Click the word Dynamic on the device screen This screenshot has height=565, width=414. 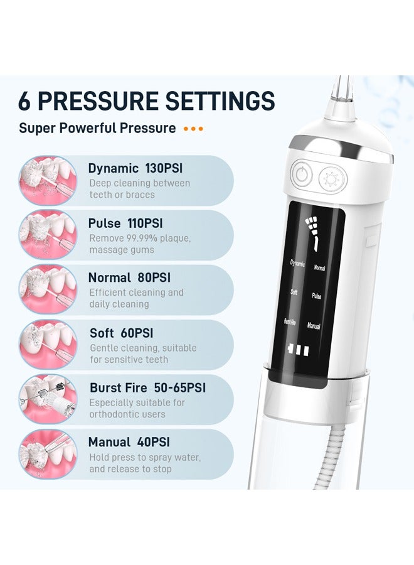[x=297, y=263]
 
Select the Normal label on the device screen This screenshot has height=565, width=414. [x=319, y=267]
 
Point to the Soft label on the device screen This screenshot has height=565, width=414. [x=294, y=292]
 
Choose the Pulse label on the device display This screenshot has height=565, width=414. [x=317, y=296]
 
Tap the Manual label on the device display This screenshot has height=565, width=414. [x=314, y=326]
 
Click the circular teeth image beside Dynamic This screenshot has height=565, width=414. [x=48, y=181]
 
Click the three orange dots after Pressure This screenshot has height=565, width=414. [x=193, y=129]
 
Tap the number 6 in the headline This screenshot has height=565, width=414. [x=25, y=101]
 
